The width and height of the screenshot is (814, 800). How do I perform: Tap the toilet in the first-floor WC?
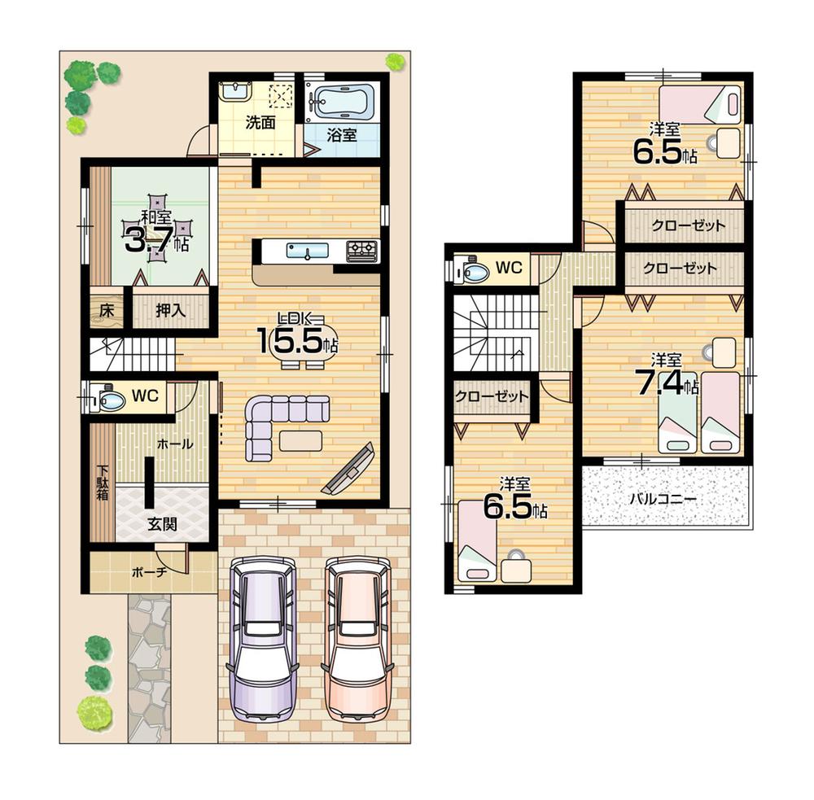pyautogui.click(x=108, y=399)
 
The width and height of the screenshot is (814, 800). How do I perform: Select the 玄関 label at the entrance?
pyautogui.click(x=162, y=525)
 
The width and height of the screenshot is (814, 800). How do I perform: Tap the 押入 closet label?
pyautogui.click(x=171, y=310)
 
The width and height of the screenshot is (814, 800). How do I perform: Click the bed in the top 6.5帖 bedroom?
pyautogui.click(x=700, y=104)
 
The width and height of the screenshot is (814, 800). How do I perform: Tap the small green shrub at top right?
pyautogui.click(x=395, y=61)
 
